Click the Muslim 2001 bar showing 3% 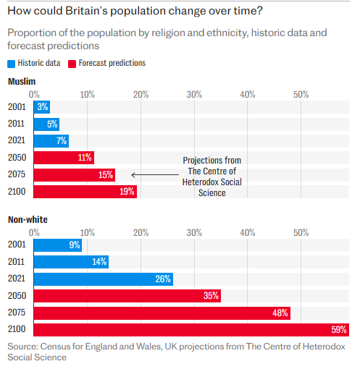(x=42, y=107)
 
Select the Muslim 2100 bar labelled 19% (x=85, y=192)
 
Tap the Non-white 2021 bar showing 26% (x=104, y=279)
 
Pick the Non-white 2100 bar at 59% (x=191, y=330)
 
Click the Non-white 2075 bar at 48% (x=162, y=313)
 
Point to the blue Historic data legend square (x=12, y=64)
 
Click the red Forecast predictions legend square (x=72, y=64)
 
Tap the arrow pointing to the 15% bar (x=155, y=174)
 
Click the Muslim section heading (x=22, y=82)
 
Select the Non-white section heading (x=28, y=220)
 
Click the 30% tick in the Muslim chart (x=194, y=95)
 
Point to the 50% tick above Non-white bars (x=301, y=233)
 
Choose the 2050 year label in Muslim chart (x=17, y=158)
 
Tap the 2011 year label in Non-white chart (x=16, y=262)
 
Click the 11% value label (x=85, y=158)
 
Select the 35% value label (x=211, y=296)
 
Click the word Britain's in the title (x=86, y=11)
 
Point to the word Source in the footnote (x=22, y=347)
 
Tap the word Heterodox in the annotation (x=199, y=182)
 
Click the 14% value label (x=99, y=262)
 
